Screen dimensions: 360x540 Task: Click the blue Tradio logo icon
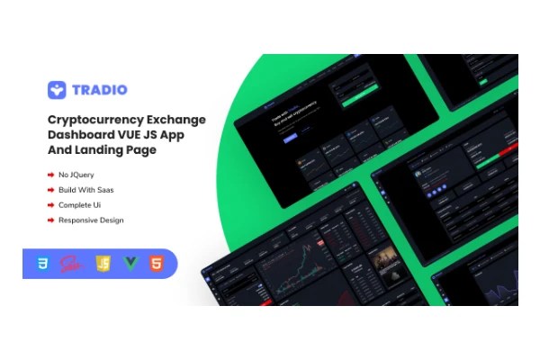click(58, 90)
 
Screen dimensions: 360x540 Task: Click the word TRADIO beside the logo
click(102, 90)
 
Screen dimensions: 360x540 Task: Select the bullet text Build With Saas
click(87, 189)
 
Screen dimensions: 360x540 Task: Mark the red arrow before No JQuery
click(50, 174)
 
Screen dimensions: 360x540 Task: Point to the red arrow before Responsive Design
click(50, 220)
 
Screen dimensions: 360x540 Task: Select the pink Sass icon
click(71, 264)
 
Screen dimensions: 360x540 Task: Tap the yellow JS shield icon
click(103, 264)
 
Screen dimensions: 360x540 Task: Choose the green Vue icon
click(130, 264)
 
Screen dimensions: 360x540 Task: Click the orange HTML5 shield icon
click(156, 264)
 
